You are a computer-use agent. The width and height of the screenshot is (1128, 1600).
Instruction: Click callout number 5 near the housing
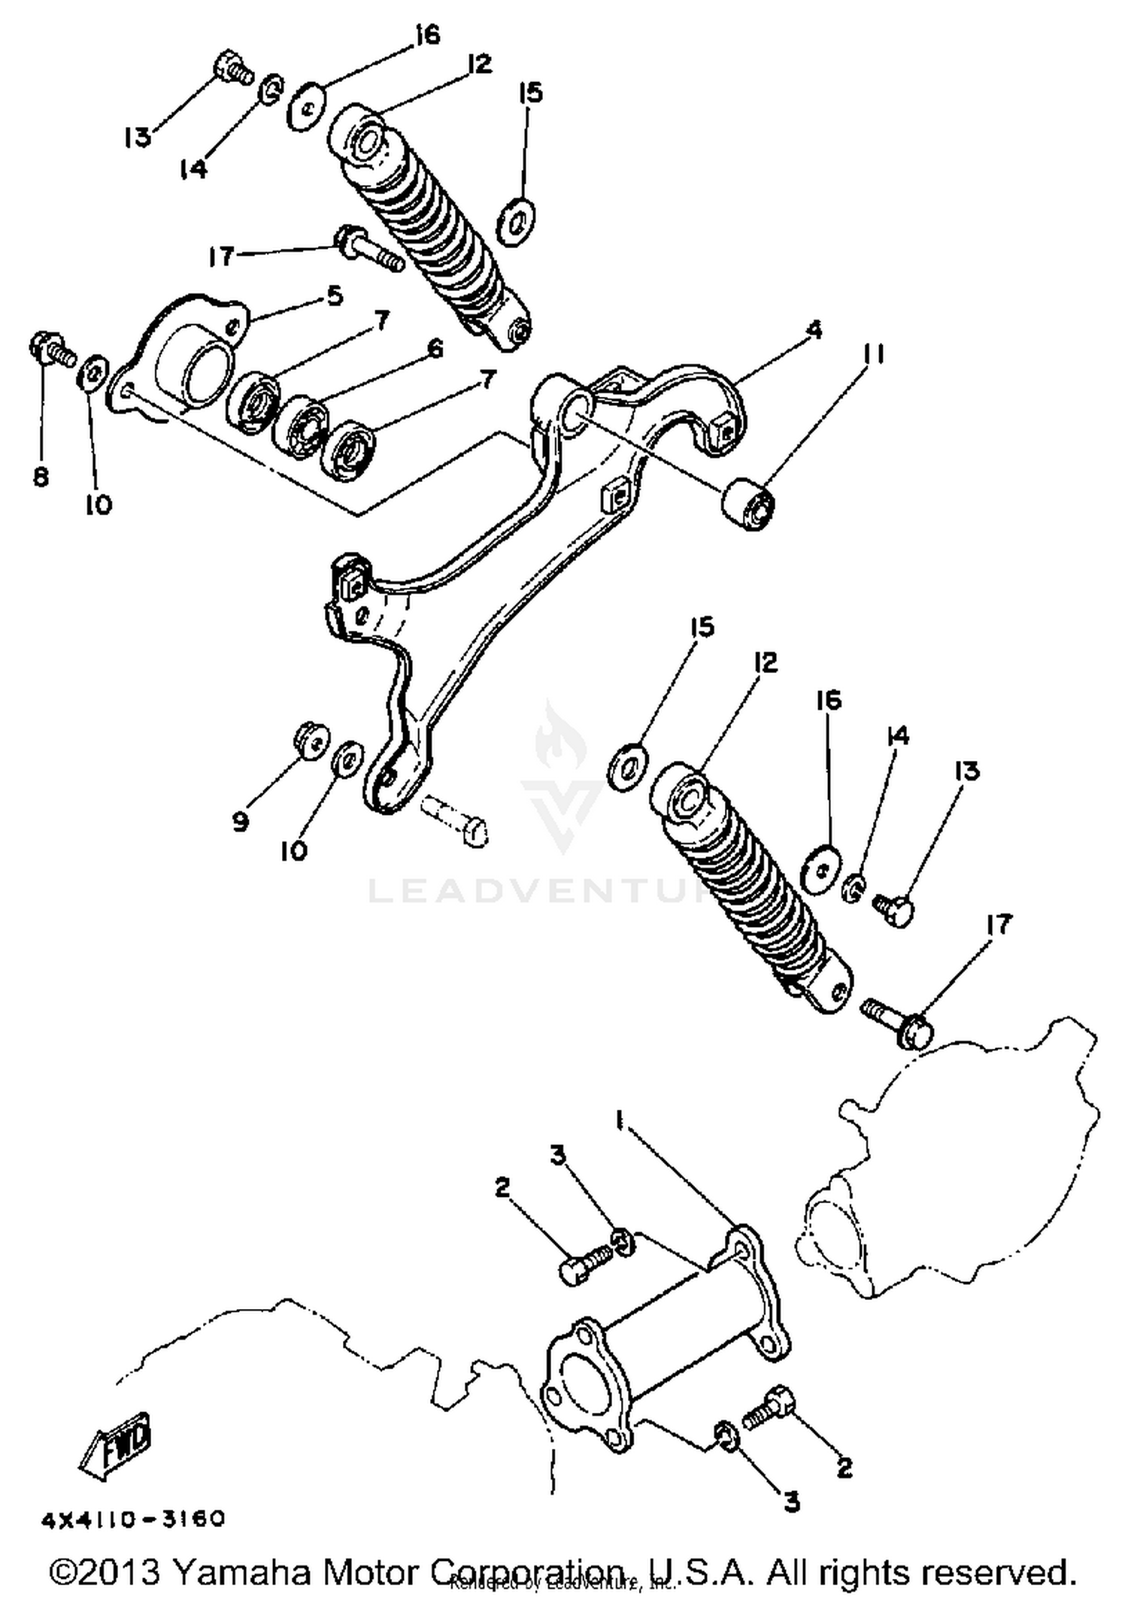tap(334, 295)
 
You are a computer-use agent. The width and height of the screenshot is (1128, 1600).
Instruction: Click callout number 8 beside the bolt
tap(41, 476)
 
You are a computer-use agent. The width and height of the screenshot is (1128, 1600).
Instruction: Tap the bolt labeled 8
tap(51, 350)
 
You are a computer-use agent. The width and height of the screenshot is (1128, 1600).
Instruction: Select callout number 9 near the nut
tap(239, 822)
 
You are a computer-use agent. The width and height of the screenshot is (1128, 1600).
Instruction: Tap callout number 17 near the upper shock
tap(222, 256)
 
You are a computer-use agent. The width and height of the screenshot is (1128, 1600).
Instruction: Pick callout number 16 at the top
tap(427, 35)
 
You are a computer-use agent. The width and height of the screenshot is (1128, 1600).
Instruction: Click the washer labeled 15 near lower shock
tap(629, 765)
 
